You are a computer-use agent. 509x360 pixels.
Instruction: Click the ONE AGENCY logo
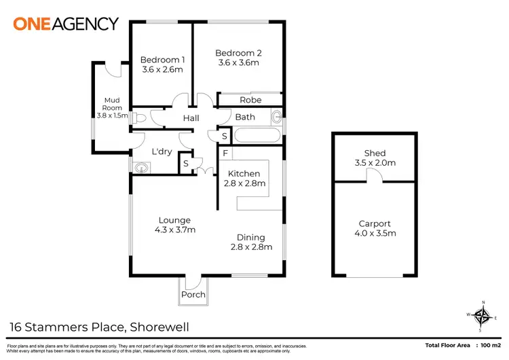[x=66, y=23]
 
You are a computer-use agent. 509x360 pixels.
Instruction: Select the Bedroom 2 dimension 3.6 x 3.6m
[x=238, y=63]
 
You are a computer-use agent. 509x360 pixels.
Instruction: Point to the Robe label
[x=250, y=100]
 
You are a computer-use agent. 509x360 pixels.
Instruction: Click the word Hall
[x=191, y=118]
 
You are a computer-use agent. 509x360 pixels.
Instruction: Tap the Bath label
[x=245, y=117]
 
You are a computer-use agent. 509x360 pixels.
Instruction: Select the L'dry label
[x=162, y=151]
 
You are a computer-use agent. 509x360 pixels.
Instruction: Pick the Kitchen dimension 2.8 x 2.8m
[x=244, y=183]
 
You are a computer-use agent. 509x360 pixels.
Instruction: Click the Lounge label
[x=174, y=220]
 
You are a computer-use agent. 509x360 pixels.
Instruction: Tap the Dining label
[x=250, y=237]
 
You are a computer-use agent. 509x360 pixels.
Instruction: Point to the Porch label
[x=193, y=295]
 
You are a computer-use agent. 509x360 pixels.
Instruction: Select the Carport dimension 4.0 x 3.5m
[x=375, y=233]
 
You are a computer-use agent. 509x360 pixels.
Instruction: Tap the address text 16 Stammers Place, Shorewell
[x=98, y=327]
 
